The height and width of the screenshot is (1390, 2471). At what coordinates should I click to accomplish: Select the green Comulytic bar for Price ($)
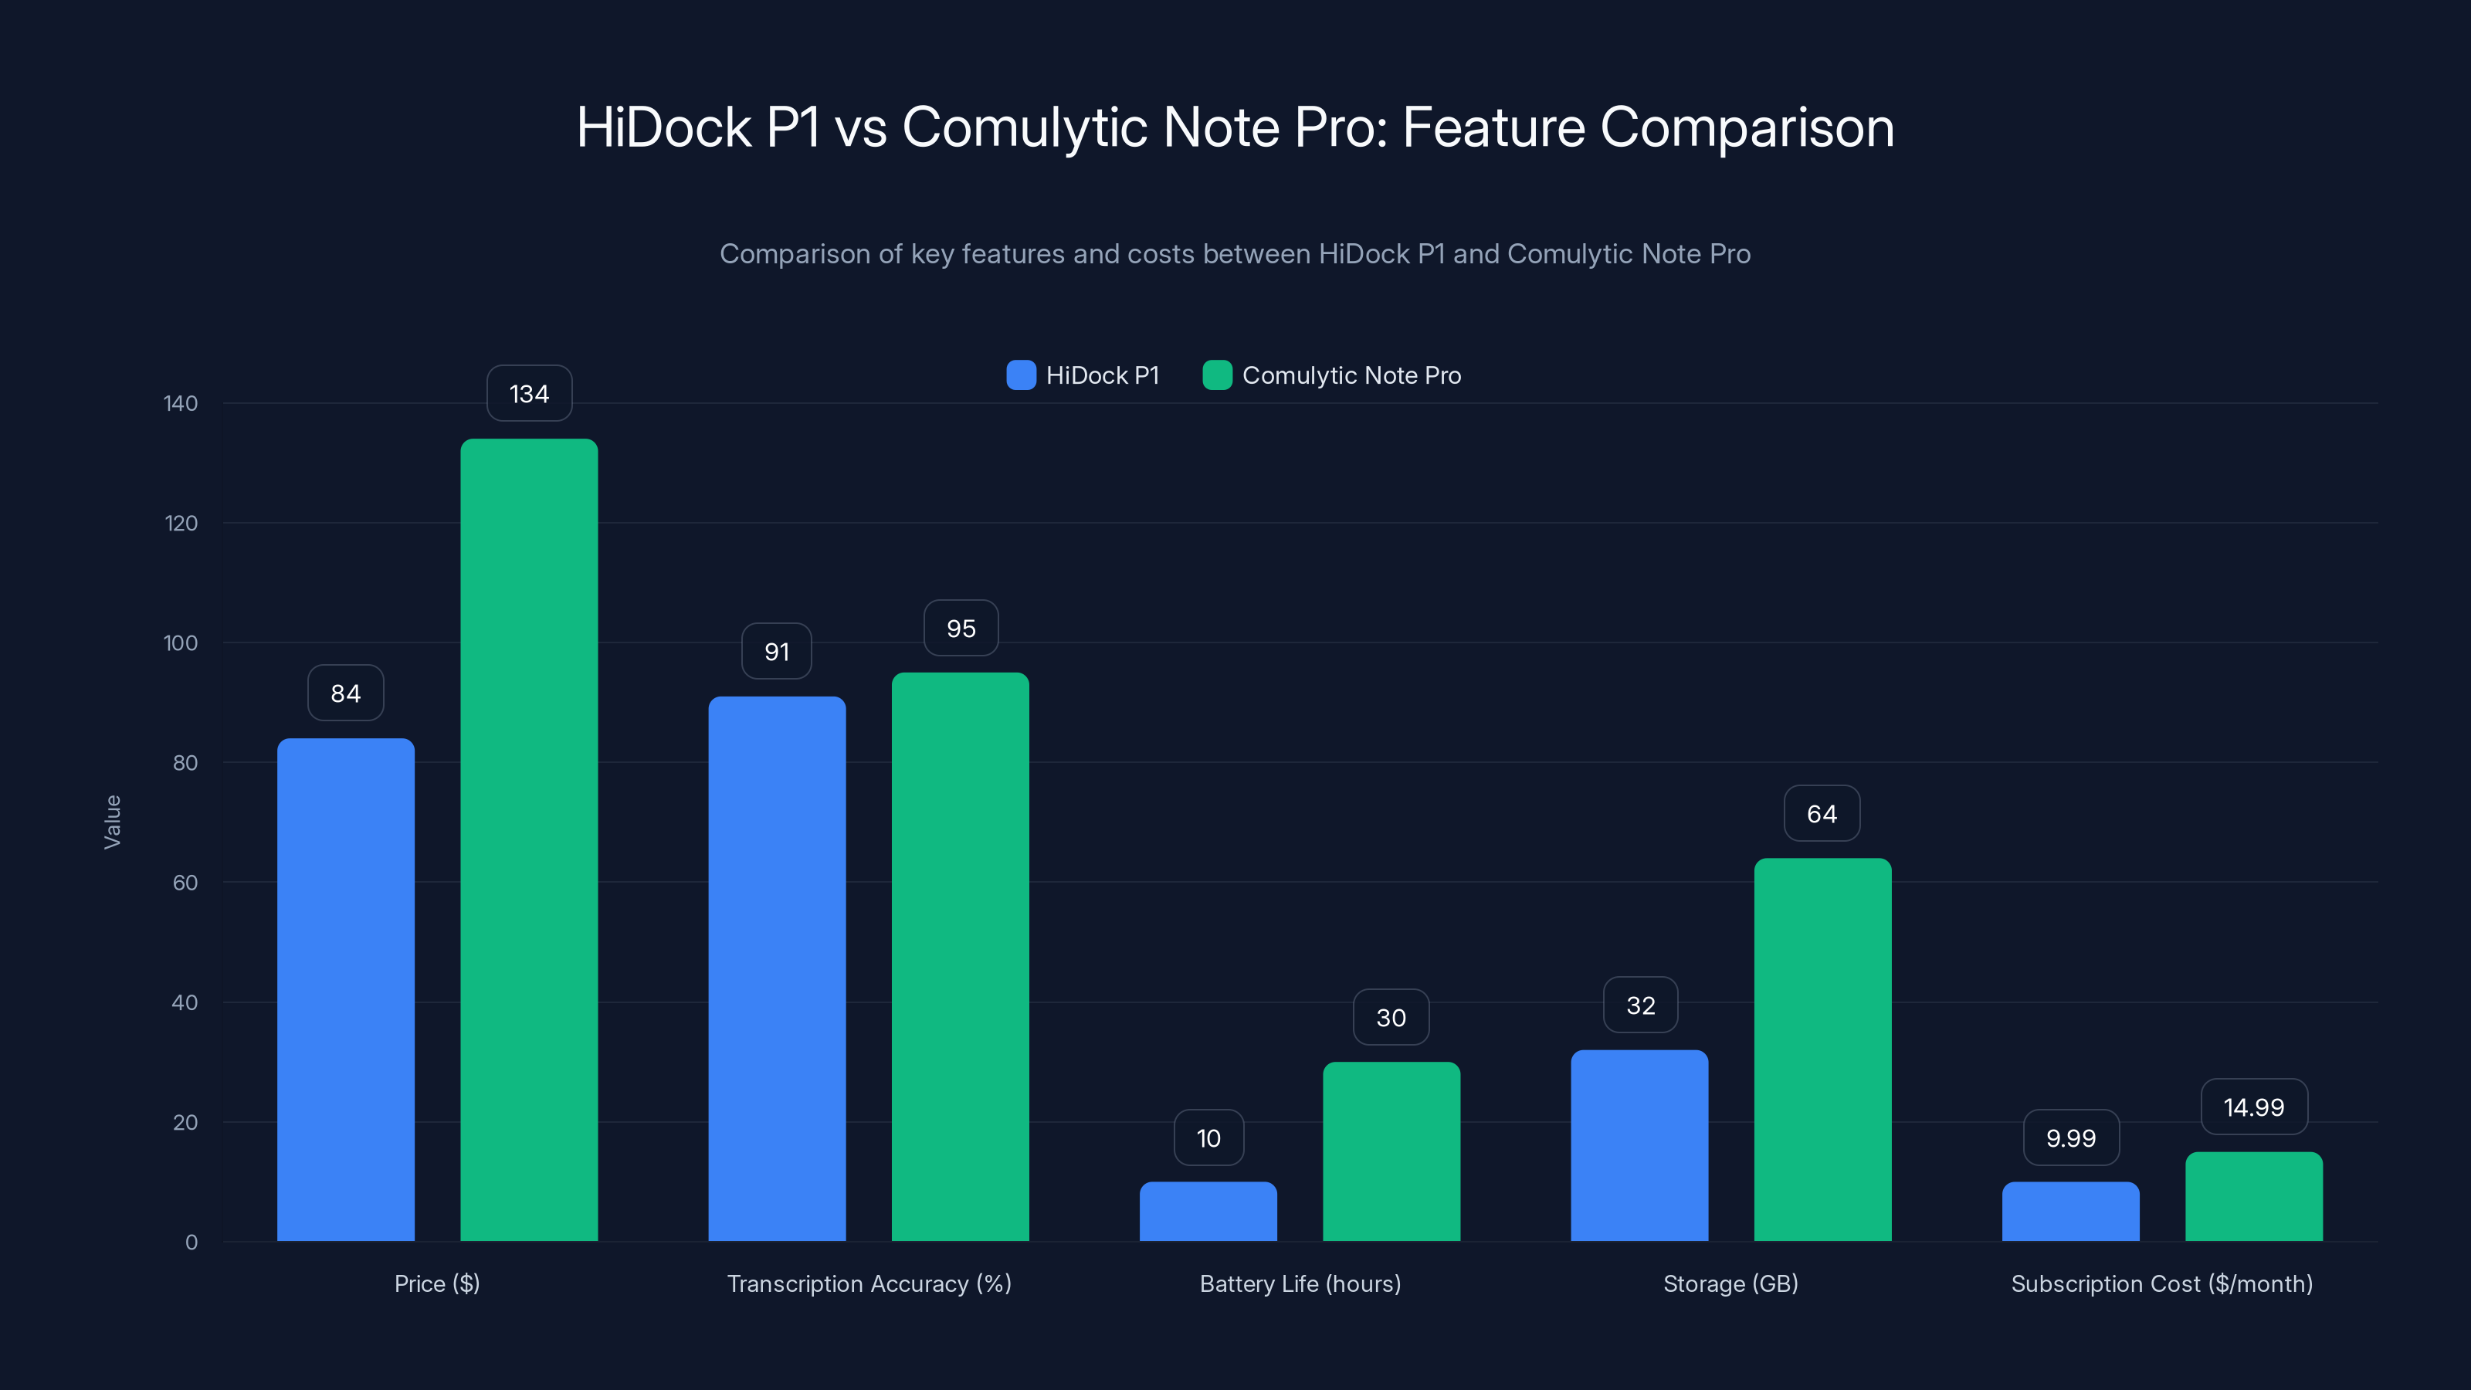click(528, 839)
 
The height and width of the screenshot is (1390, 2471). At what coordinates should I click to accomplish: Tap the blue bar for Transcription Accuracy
click(777, 969)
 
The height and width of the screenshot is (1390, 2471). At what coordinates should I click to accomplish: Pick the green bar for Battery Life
click(1391, 1151)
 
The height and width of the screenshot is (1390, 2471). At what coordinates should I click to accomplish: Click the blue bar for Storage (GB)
click(1639, 1145)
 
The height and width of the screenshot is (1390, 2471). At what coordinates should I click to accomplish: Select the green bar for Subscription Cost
click(2253, 1196)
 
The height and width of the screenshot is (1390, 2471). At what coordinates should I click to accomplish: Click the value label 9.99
click(2071, 1137)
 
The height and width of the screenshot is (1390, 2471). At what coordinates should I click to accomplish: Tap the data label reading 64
click(1822, 813)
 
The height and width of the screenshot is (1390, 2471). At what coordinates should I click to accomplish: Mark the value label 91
click(777, 651)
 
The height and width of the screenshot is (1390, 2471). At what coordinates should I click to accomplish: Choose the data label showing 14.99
click(2253, 1107)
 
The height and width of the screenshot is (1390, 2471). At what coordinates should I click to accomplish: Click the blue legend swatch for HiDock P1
click(1021, 375)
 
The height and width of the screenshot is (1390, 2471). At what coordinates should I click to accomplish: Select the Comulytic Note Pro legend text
click(1351, 375)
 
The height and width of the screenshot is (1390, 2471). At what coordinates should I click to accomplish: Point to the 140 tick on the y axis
click(181, 403)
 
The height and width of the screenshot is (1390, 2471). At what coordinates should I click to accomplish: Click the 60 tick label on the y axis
click(185, 883)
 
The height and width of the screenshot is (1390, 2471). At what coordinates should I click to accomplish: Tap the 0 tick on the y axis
click(192, 1243)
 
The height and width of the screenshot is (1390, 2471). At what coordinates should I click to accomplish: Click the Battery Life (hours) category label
click(1300, 1283)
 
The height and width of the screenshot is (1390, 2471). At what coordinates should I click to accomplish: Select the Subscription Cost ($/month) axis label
click(2161, 1283)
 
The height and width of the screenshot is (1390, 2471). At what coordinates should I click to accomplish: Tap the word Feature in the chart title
click(1493, 127)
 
